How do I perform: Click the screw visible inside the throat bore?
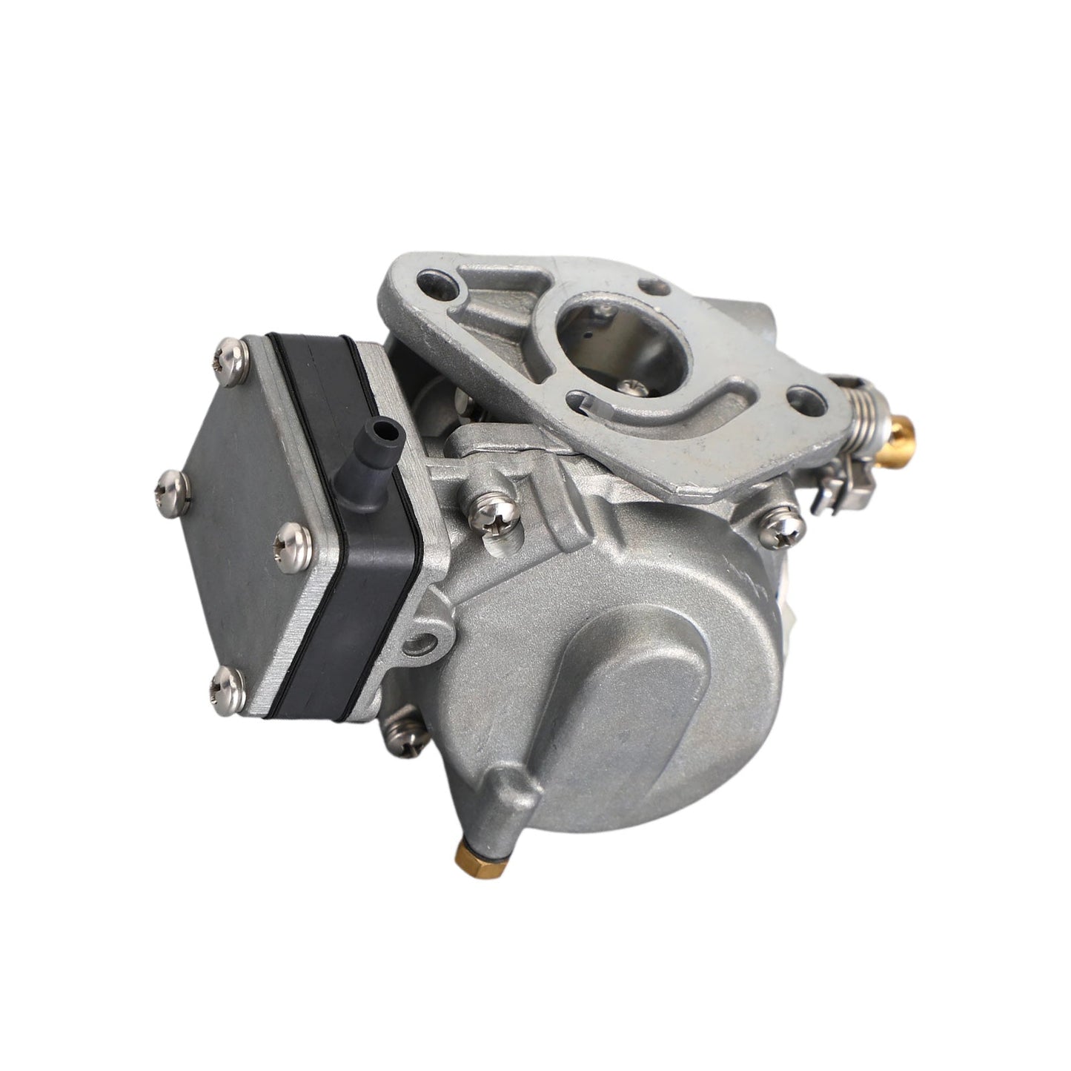631,385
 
